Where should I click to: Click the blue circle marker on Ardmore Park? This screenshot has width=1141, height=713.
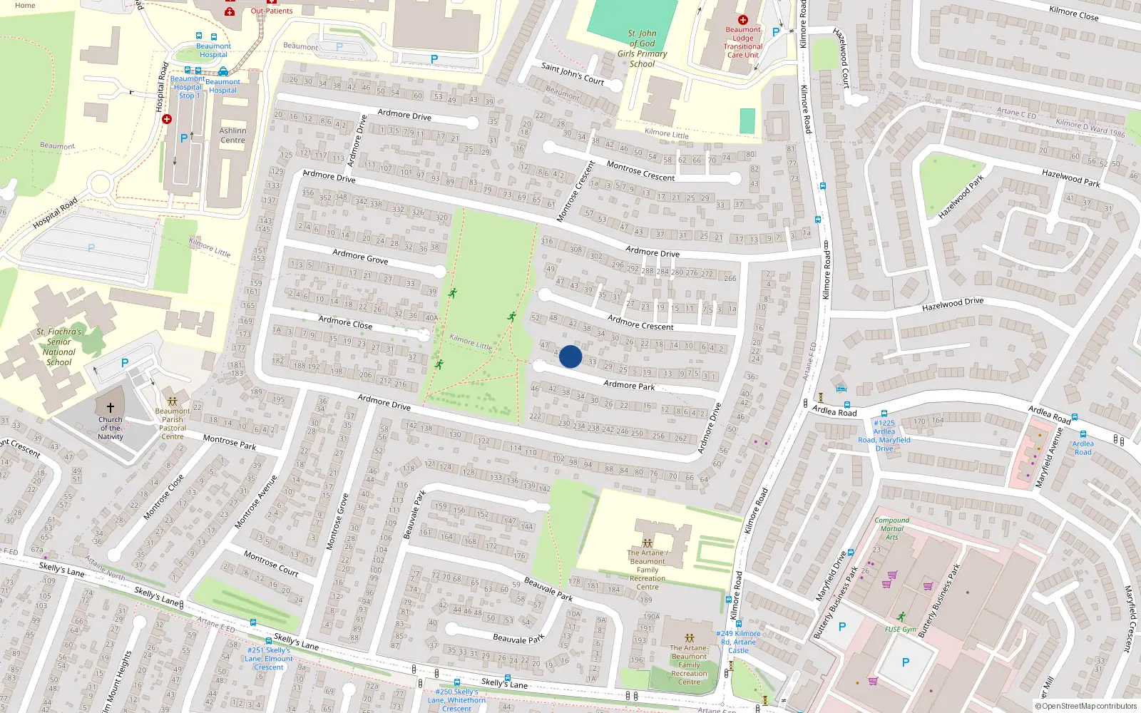point(570,356)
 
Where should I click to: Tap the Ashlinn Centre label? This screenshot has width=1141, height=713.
point(232,135)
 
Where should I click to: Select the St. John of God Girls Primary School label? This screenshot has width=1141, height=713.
point(642,48)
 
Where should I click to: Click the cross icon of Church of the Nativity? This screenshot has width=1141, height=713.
point(111,409)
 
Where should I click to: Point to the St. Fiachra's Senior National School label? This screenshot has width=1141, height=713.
point(59,347)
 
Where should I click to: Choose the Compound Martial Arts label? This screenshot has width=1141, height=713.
point(891,528)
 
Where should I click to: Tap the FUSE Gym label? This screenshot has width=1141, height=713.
point(901,630)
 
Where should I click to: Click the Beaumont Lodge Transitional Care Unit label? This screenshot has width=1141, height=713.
point(742,42)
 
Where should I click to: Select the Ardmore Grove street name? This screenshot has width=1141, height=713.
point(360,257)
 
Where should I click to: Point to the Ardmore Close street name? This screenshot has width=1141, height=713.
point(345,322)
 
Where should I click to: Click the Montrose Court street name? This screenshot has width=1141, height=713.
point(271,563)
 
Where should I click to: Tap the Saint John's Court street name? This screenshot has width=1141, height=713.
point(572,73)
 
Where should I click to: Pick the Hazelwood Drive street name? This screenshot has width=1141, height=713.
point(952,304)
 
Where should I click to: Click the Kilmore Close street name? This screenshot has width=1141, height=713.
point(1073,12)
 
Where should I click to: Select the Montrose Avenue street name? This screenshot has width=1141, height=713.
point(256,502)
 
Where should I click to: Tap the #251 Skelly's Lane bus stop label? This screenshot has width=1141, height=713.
point(269,659)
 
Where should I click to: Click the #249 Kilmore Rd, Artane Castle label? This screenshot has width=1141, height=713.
point(738,642)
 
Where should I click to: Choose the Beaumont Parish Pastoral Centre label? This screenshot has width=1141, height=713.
point(172,424)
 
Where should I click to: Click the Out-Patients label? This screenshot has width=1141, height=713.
point(272,11)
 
